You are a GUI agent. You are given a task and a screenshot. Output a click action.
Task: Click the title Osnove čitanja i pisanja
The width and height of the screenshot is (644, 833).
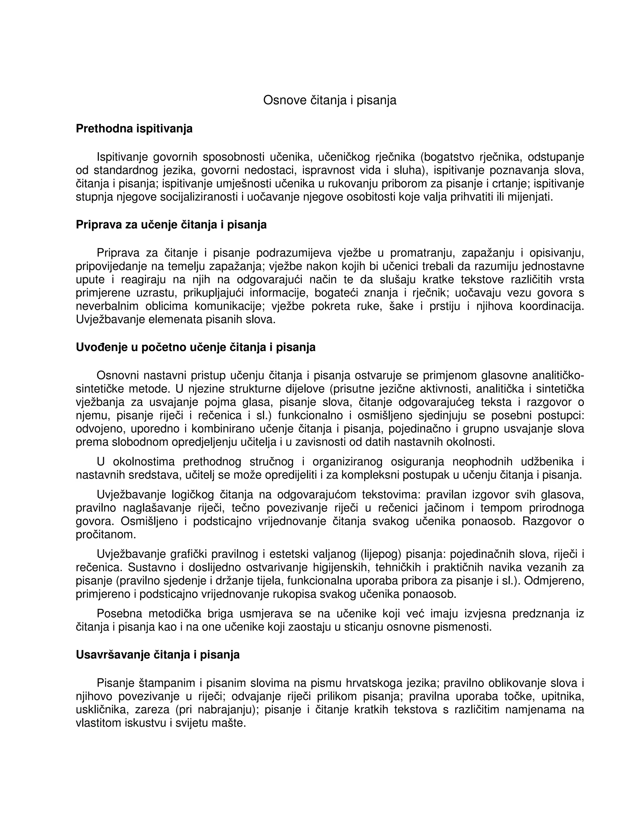[330, 100]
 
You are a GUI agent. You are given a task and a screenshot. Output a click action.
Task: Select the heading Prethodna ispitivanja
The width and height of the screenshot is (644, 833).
[134, 129]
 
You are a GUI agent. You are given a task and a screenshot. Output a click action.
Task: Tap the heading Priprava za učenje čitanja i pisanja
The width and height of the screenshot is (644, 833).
[171, 225]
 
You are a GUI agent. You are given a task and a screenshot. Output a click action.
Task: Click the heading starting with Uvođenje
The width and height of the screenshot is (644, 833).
[195, 347]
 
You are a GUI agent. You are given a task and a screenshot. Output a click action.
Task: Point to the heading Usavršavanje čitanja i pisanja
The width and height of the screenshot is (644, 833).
[158, 655]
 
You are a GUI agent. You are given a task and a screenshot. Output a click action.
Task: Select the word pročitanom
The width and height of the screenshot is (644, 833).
[106, 535]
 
